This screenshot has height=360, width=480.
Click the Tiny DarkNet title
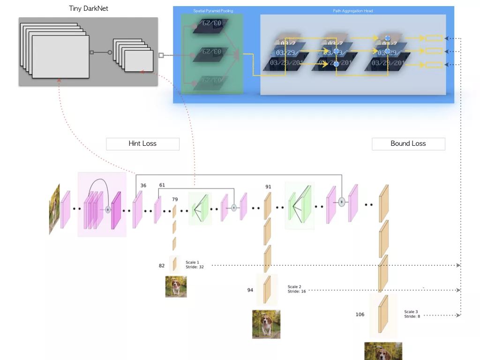tap(89, 8)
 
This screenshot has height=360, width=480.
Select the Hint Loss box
tap(142, 144)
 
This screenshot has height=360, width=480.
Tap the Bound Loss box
tap(408, 144)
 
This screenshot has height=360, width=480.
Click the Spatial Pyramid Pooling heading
tap(213, 11)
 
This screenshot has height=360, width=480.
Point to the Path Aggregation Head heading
tap(352, 11)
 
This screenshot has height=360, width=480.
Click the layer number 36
tap(143, 186)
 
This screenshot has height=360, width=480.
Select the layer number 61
tap(162, 186)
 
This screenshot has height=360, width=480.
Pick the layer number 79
tap(175, 200)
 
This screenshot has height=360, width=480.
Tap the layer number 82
tap(162, 266)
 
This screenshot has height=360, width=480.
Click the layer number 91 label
tap(268, 187)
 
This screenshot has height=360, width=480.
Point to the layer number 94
tap(250, 290)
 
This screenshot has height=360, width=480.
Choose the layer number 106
tap(360, 315)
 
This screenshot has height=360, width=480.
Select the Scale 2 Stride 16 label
tap(297, 289)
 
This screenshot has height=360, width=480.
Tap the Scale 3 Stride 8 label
tap(412, 314)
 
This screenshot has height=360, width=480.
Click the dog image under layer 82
tap(176, 286)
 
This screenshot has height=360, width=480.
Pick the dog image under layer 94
tap(266, 324)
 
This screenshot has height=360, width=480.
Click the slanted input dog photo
tap(54, 209)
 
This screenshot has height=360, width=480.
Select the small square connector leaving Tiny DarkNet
tap(161, 55)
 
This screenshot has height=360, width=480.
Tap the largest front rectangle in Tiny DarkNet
tap(60, 57)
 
